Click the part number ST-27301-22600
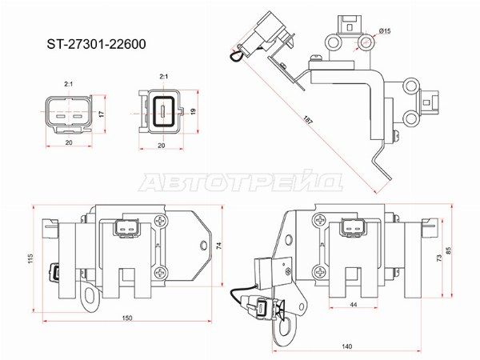tap(96, 44)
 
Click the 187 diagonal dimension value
tap(308, 120)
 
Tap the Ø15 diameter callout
tap(385, 31)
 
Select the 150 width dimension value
tap(126, 318)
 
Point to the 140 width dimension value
tap(346, 346)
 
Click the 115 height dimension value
tap(30, 258)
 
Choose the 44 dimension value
tap(354, 305)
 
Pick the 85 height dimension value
tap(449, 251)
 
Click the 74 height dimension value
tap(219, 246)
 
